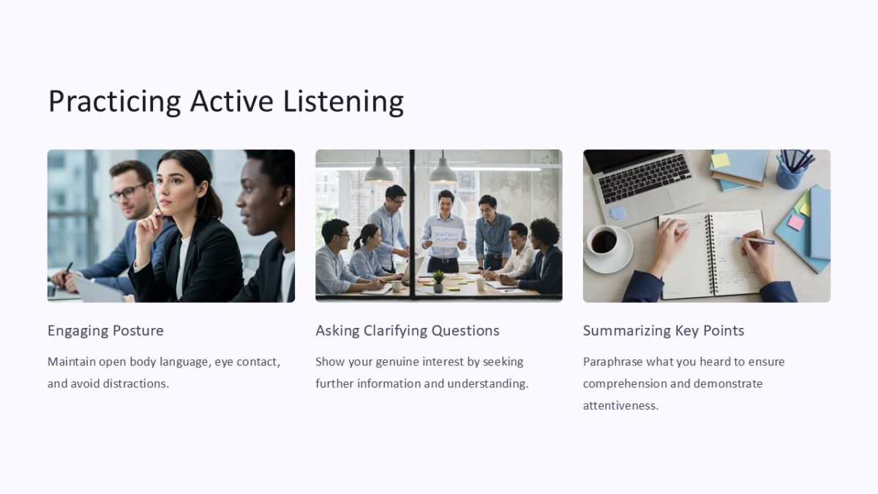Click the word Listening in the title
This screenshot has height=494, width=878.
point(343,101)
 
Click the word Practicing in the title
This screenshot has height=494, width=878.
point(114,101)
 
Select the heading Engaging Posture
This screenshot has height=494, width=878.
point(105,331)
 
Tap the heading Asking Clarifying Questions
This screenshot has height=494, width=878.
point(407,331)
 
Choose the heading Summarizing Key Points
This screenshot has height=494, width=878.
point(663,331)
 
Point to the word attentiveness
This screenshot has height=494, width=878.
point(620,405)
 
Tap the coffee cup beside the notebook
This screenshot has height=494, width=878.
point(605,242)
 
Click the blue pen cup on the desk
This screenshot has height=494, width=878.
point(792,174)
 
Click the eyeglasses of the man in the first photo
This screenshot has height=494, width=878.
point(127,193)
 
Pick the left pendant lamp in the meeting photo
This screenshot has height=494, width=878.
point(378,172)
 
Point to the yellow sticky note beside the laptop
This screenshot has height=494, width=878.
point(721,160)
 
